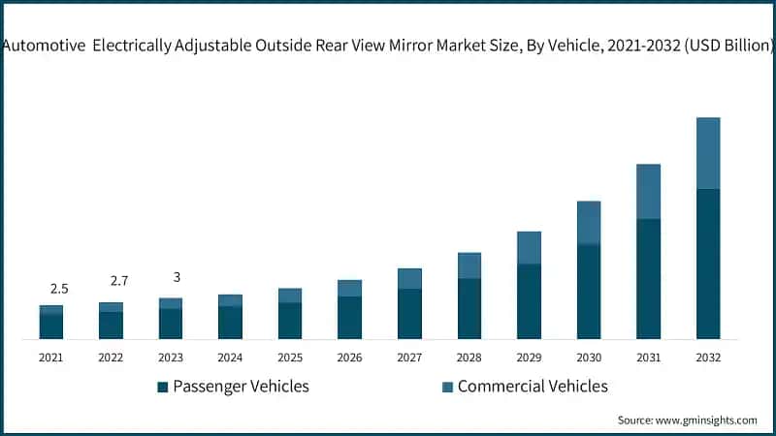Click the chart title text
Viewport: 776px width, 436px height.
coord(388,45)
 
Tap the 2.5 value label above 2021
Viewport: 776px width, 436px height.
coord(59,289)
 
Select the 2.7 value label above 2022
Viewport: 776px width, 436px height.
coord(119,281)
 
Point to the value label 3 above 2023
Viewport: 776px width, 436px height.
coord(177,277)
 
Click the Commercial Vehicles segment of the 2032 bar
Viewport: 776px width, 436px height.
coord(708,153)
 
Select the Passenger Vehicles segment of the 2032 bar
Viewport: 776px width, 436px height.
coord(708,264)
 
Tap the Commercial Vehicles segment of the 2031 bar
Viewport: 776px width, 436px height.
coord(648,192)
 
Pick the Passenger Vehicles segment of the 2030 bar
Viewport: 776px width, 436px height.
coord(589,292)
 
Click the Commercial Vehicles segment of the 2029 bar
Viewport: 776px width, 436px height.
coord(529,248)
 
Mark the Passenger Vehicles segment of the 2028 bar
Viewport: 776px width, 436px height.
coord(469,308)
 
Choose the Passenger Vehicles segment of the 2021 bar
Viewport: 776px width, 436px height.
coord(51,327)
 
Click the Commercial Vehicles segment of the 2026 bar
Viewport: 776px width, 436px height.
coord(349,288)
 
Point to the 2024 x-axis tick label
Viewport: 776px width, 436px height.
coord(230,358)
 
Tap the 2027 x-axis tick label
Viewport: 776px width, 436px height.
coord(409,358)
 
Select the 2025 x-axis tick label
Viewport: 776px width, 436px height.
coord(290,358)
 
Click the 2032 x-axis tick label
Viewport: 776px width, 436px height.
coord(708,358)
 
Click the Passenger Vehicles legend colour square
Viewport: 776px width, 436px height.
coord(163,388)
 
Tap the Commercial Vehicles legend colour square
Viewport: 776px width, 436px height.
coord(447,388)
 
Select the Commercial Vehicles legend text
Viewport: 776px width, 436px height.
coord(533,387)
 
